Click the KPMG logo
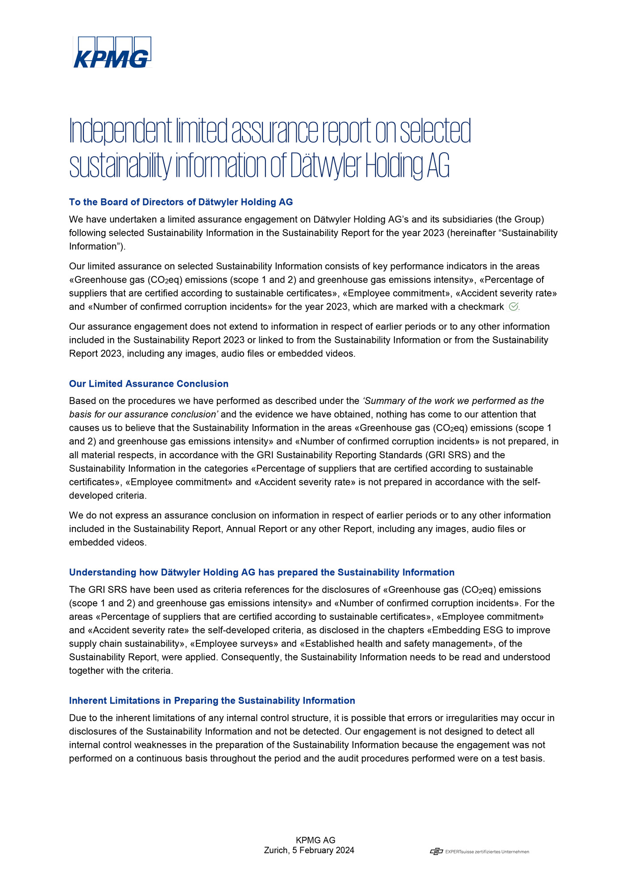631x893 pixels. (x=112, y=52)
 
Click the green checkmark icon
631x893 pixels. (x=513, y=306)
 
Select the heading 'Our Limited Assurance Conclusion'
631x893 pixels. (x=149, y=384)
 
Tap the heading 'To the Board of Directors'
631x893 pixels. (x=181, y=202)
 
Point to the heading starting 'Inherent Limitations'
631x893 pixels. (x=212, y=701)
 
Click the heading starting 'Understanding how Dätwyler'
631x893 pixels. (x=262, y=572)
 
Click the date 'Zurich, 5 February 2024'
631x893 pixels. (x=309, y=850)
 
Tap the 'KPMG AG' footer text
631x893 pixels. (x=315, y=840)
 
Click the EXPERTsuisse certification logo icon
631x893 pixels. (x=436, y=851)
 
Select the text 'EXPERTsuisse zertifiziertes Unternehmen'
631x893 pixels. (x=487, y=852)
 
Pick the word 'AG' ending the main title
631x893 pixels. (x=438, y=166)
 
